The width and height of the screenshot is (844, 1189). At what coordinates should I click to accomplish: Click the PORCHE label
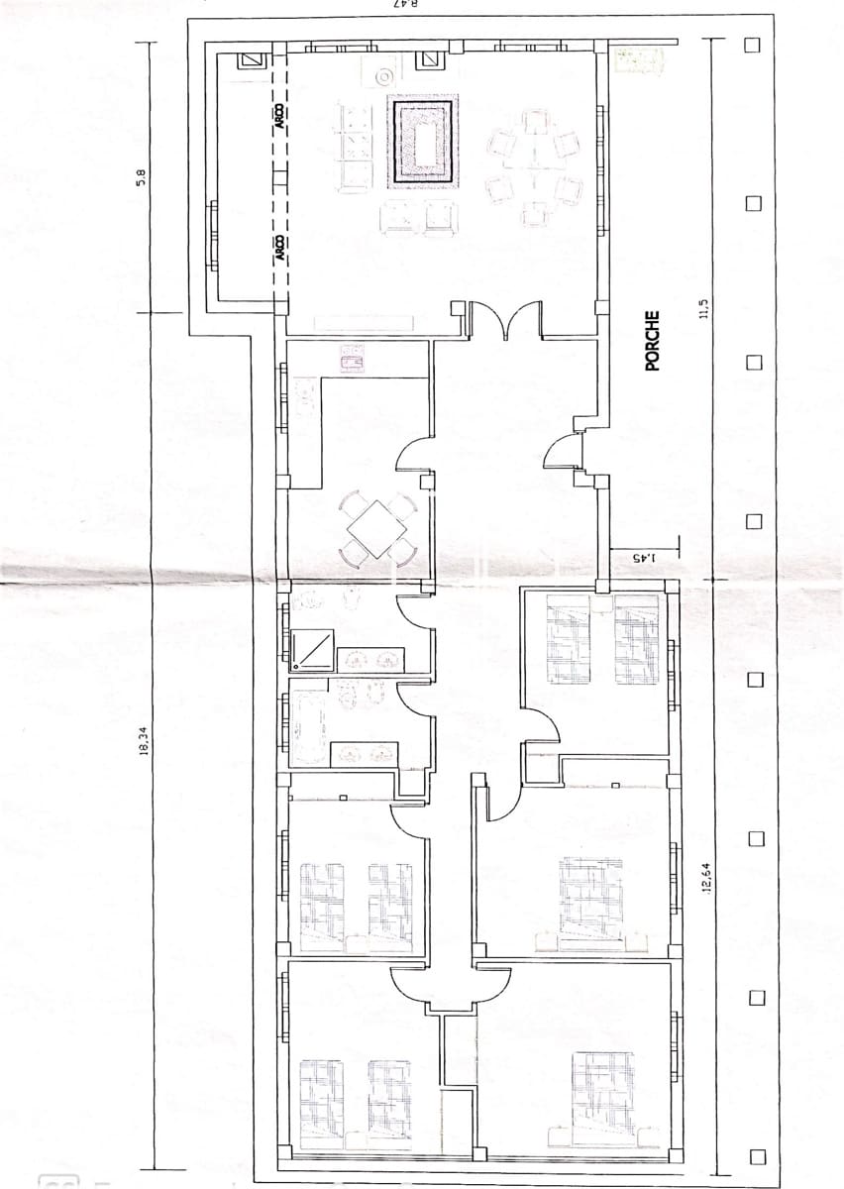click(x=652, y=341)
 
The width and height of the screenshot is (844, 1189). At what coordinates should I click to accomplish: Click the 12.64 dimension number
click(x=706, y=876)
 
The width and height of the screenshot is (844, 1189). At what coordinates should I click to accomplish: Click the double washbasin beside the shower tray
click(x=369, y=658)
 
